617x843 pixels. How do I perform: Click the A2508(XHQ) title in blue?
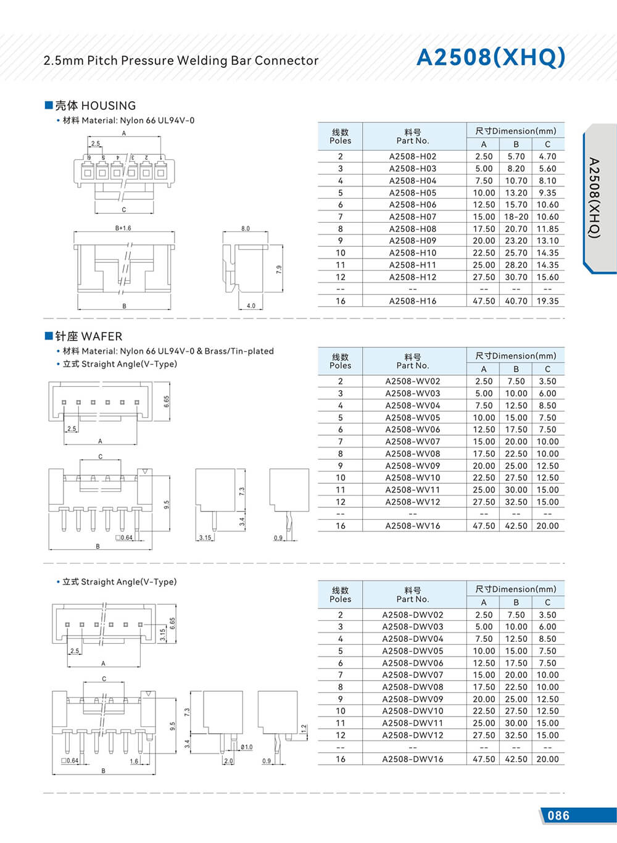point(491,57)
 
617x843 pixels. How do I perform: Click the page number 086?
point(558,816)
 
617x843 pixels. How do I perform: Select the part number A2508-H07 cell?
point(412,217)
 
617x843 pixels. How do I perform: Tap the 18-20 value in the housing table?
point(516,217)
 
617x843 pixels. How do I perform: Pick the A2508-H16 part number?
point(412,301)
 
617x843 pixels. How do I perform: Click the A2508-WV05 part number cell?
point(412,418)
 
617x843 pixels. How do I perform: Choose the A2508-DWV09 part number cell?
point(412,699)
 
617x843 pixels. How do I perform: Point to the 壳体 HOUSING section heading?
point(95,106)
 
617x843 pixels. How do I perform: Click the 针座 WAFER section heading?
point(88,336)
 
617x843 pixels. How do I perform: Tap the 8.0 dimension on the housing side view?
point(246,228)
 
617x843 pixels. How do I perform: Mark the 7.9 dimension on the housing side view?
point(279,269)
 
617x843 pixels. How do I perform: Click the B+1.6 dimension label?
point(123,228)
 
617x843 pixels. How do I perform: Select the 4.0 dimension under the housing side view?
point(251,306)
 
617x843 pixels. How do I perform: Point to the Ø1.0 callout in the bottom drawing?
point(246,747)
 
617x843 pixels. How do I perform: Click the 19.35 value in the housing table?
point(547,301)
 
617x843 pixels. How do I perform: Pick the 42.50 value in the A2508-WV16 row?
point(516,526)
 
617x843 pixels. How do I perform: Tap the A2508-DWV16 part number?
point(412,759)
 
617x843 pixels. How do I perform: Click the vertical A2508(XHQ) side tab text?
point(594,198)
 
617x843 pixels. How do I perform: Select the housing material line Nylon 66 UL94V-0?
point(128,120)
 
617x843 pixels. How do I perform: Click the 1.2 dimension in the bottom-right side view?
point(303,729)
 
